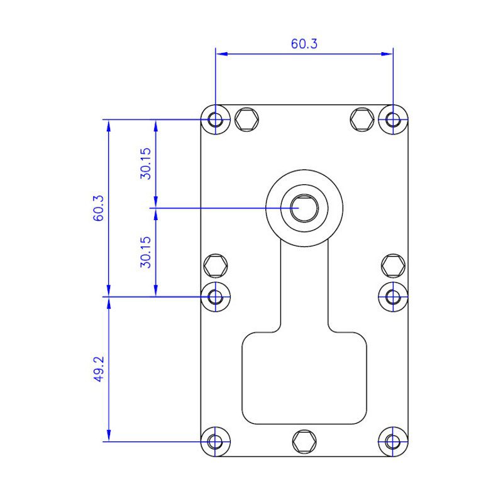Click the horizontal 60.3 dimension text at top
coord(304,44)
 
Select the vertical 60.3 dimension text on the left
coord(98,207)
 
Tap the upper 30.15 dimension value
coord(145,163)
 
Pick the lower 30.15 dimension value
coord(145,251)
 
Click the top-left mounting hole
coord(216,119)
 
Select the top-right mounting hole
coord(394,119)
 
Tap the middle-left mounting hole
coord(216,296)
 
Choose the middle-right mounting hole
coord(394,296)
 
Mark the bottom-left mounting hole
coord(216,441)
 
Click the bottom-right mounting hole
coord(394,441)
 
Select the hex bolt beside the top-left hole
coord(246,119)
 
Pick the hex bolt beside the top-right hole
coord(363,119)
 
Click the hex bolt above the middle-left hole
coord(216,265)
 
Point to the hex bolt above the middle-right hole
coord(394,265)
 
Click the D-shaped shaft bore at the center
coord(304,207)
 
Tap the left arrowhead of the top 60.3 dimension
coord(221,54)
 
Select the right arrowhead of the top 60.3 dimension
coord(389,54)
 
